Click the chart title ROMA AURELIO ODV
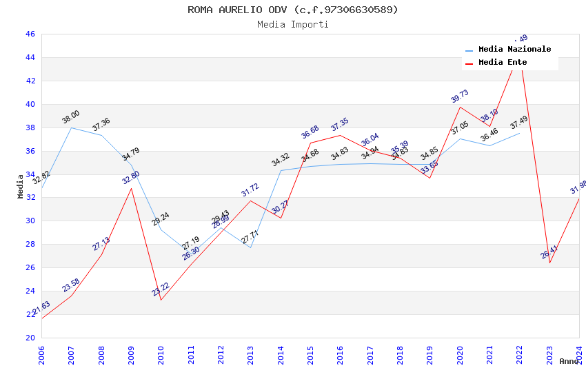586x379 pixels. pos(292,10)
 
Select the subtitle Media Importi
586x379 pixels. pos(292,24)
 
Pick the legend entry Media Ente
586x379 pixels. pos(503,63)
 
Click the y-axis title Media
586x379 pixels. pos(21,186)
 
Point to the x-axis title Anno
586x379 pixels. pos(569,361)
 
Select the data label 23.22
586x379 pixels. pos(161,289)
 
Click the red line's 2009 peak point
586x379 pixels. pos(131,188)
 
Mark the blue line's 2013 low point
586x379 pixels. pos(250,247)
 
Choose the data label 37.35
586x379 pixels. pos(340,125)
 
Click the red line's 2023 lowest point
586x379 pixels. pos(549,263)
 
